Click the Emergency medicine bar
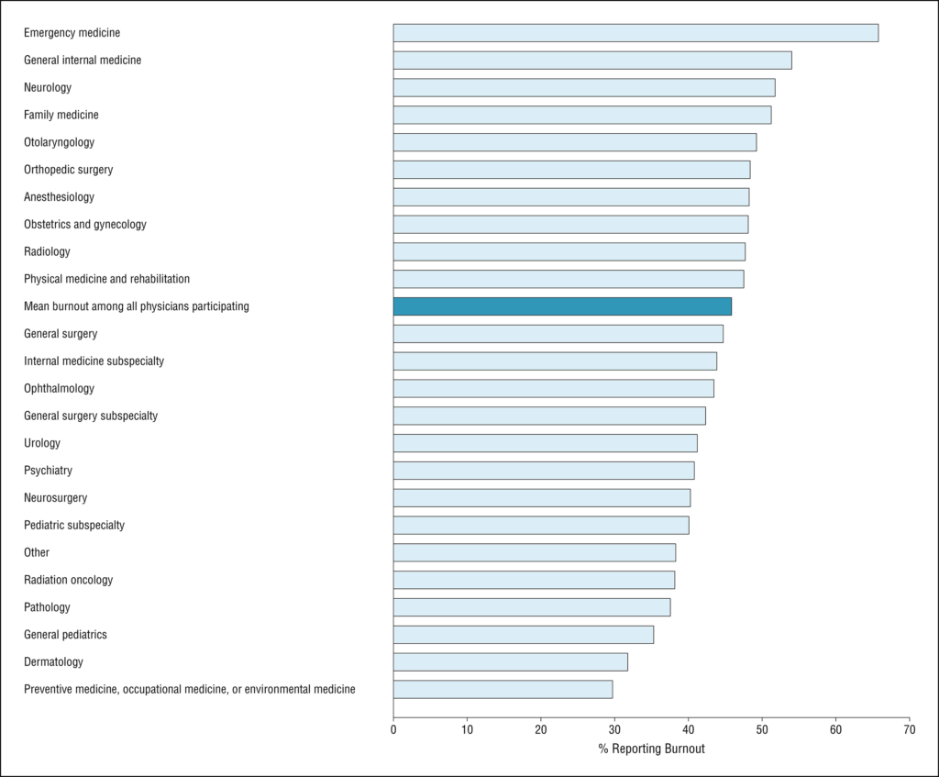pos(636,33)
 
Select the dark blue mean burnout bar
pos(562,306)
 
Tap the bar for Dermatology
pos(511,662)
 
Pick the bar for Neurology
pos(584,87)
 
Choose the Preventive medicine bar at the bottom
pos(503,690)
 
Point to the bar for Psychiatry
pos(544,471)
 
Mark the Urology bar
pos(546,443)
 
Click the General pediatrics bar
pos(524,635)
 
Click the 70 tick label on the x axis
pos(909,729)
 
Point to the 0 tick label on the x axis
pos(393,729)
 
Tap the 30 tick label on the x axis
pos(614,729)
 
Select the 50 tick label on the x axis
pos(762,729)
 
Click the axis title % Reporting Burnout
pos(652,749)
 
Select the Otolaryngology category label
pos(60,142)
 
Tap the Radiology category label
pos(47,251)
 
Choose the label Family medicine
pos(61,115)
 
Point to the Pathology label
pos(47,607)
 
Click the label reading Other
pos(37,552)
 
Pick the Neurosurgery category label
pos(55,498)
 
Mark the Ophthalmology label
pos(59,388)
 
